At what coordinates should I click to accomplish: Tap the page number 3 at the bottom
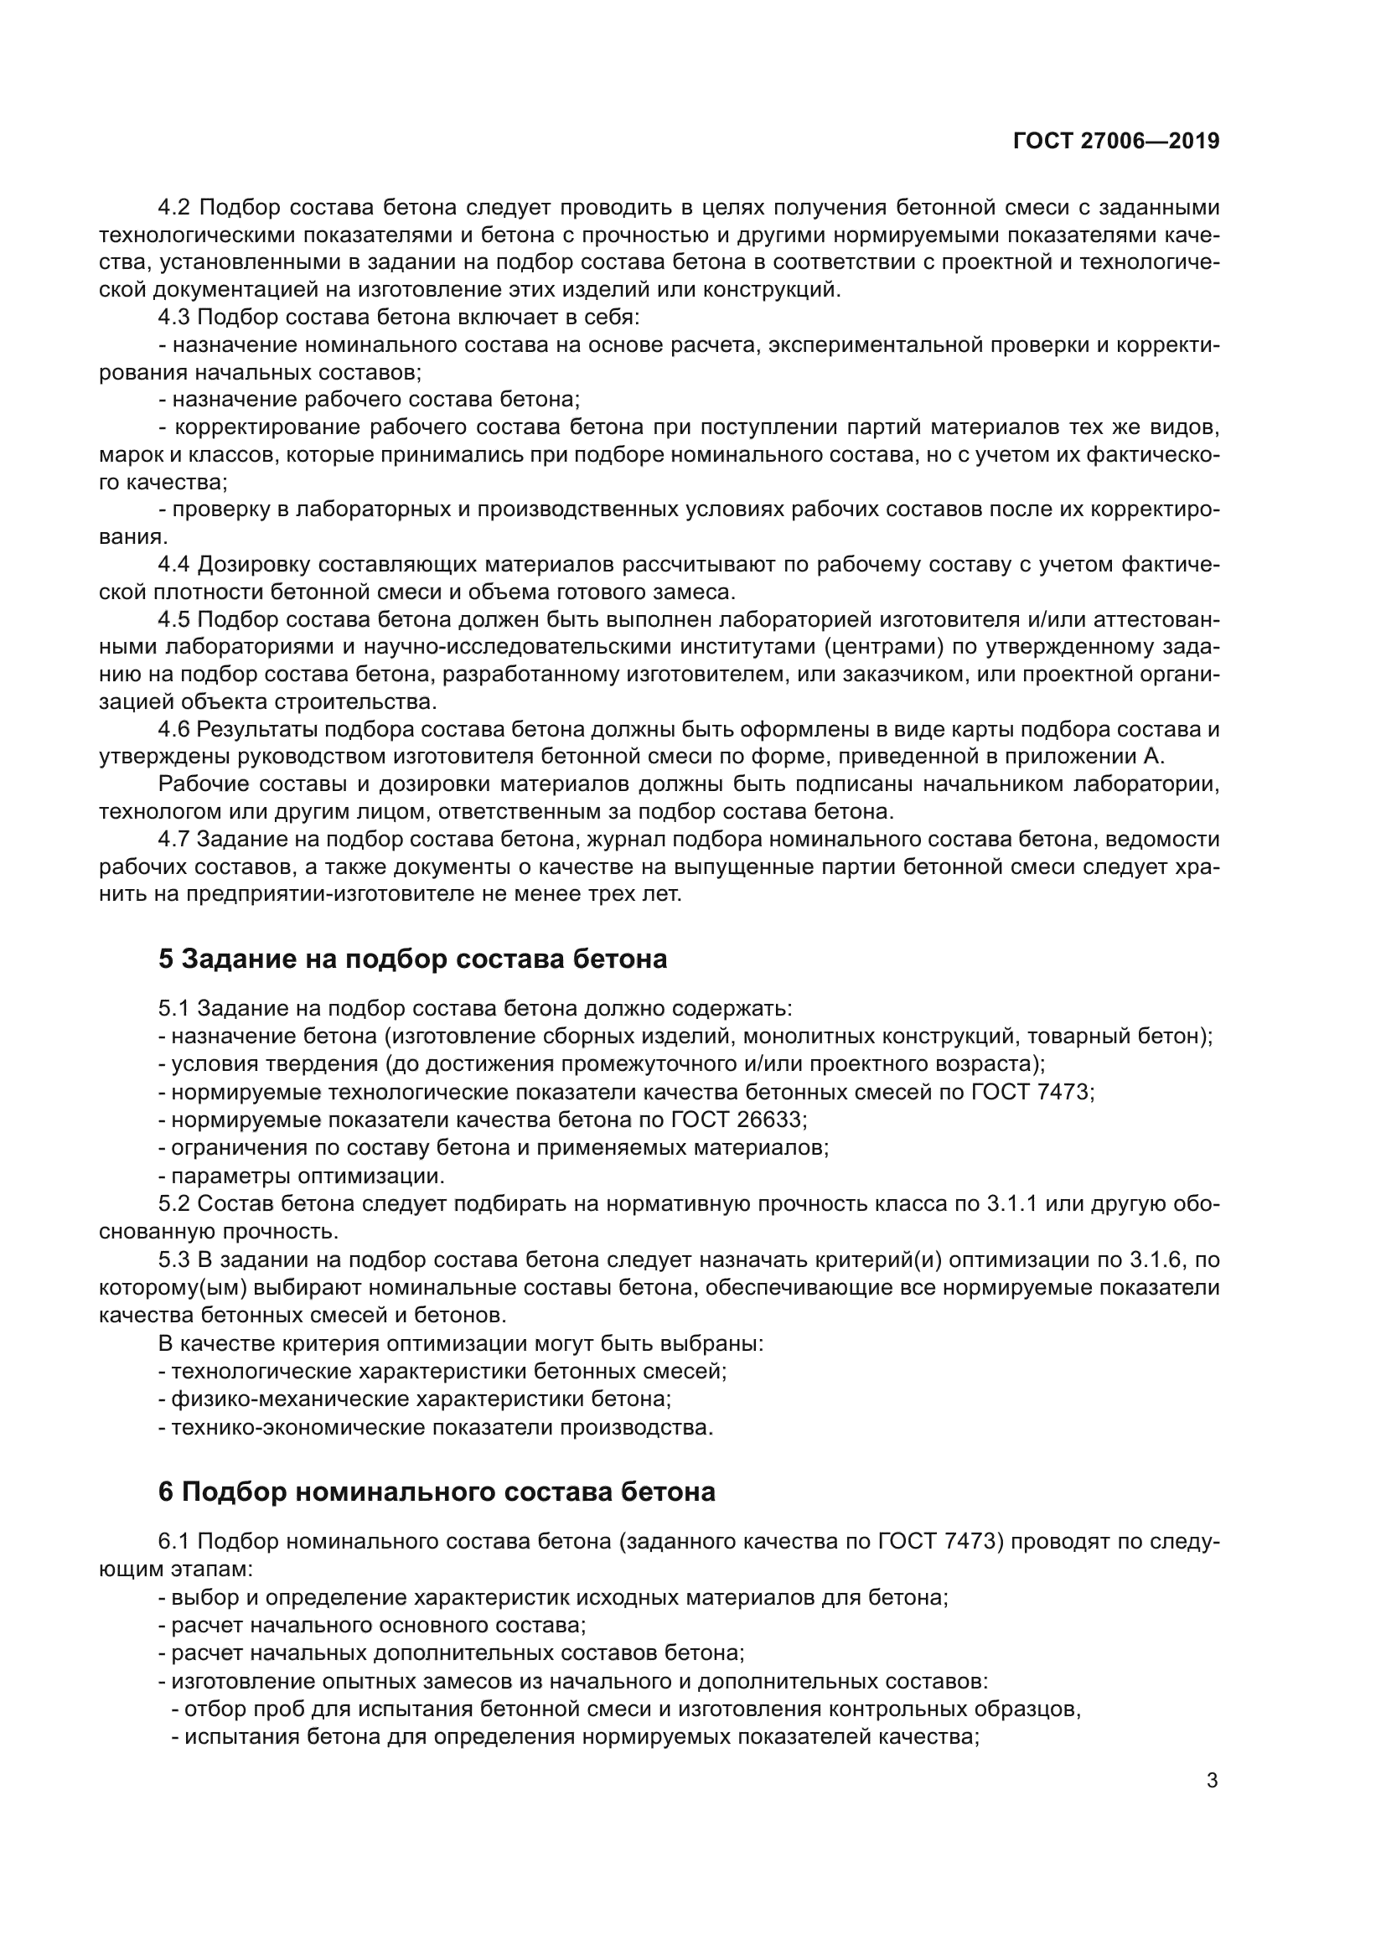tap(1212, 1781)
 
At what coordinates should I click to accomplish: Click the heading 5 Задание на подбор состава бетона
tap(412, 959)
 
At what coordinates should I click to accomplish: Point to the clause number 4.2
tap(177, 208)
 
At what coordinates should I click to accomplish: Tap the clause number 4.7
tap(177, 839)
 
